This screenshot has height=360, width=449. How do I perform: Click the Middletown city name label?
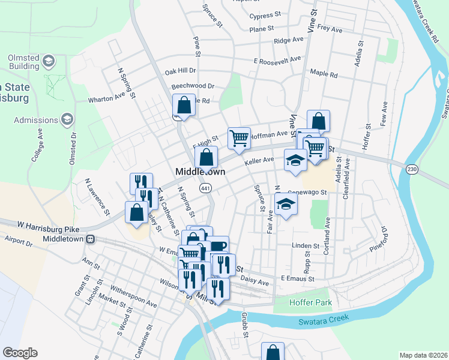click(200, 172)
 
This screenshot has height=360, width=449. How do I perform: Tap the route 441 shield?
click(205, 188)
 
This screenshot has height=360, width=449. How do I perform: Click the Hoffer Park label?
click(310, 304)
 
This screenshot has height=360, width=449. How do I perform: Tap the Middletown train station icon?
click(91, 239)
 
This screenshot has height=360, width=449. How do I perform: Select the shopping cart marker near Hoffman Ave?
click(239, 138)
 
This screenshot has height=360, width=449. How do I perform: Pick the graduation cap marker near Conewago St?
click(286, 204)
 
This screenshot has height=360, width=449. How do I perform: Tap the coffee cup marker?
click(218, 246)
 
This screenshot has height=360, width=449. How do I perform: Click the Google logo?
click(20, 353)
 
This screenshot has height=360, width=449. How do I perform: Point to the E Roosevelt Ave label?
click(277, 60)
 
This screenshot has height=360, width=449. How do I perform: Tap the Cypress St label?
click(265, 15)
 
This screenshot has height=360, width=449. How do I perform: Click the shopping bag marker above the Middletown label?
click(206, 158)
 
